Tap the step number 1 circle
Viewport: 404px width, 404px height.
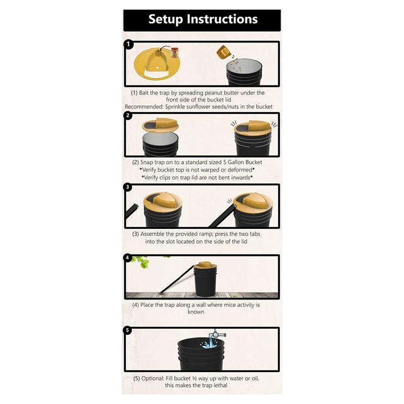point(129,44)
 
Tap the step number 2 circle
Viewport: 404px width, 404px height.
point(129,116)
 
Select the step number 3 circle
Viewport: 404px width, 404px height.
point(129,187)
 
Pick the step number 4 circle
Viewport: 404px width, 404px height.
point(129,258)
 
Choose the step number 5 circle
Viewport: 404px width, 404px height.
point(129,331)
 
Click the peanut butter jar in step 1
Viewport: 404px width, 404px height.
point(175,53)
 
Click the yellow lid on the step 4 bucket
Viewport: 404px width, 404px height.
point(206,265)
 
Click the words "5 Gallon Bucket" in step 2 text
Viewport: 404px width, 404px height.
point(237,163)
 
